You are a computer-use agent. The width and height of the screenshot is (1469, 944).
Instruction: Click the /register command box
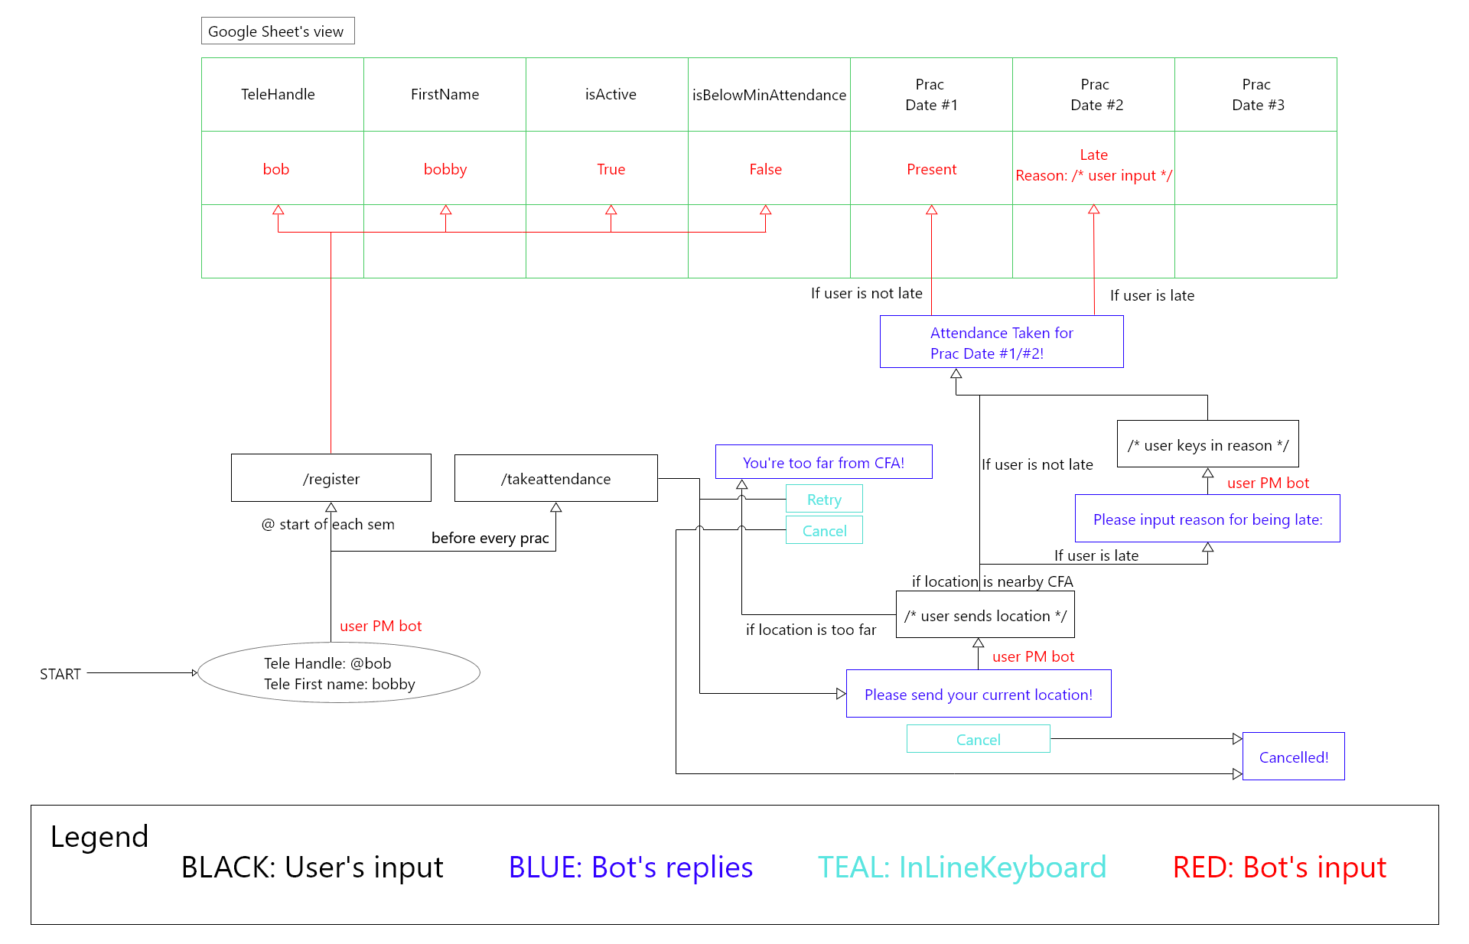coord(331,478)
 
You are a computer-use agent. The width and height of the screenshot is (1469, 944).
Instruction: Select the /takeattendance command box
coord(555,478)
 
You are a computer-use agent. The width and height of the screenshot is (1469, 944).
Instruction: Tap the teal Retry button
coord(824,499)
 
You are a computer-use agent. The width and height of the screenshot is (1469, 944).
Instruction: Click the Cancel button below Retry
coord(824,530)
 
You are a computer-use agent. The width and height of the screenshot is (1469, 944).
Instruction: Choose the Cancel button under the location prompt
coord(978,739)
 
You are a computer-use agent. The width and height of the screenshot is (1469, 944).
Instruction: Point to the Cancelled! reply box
coord(1293,757)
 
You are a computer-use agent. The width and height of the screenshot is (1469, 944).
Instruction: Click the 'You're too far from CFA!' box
coord(823,462)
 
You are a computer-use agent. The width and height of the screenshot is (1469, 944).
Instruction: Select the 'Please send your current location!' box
coord(978,694)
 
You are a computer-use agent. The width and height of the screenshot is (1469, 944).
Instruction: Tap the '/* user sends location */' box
coord(985,615)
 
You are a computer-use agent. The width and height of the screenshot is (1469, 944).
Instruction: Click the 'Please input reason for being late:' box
coord(1207,519)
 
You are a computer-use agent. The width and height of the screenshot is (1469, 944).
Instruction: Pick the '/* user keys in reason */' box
coord(1207,444)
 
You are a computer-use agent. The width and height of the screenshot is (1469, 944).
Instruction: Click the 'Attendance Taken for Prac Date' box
coord(1001,342)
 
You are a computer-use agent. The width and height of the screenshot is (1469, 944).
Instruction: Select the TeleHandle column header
coord(278,94)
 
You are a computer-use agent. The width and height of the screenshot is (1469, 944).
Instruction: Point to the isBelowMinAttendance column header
coord(769,94)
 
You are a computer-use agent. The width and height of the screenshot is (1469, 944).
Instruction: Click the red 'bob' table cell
coord(276,168)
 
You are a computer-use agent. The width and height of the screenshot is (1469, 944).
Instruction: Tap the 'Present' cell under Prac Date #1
coord(931,168)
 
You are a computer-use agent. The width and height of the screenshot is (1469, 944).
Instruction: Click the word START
coord(60,673)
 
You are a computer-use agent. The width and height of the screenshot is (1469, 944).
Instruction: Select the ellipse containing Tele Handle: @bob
coord(339,673)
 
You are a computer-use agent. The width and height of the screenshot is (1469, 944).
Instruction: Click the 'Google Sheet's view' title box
coord(277,31)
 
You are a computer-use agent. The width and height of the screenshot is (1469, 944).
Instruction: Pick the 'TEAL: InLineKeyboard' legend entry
coord(962,867)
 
